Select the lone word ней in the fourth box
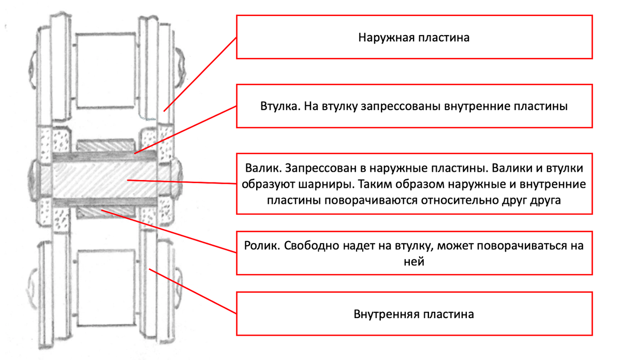(414, 262)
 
